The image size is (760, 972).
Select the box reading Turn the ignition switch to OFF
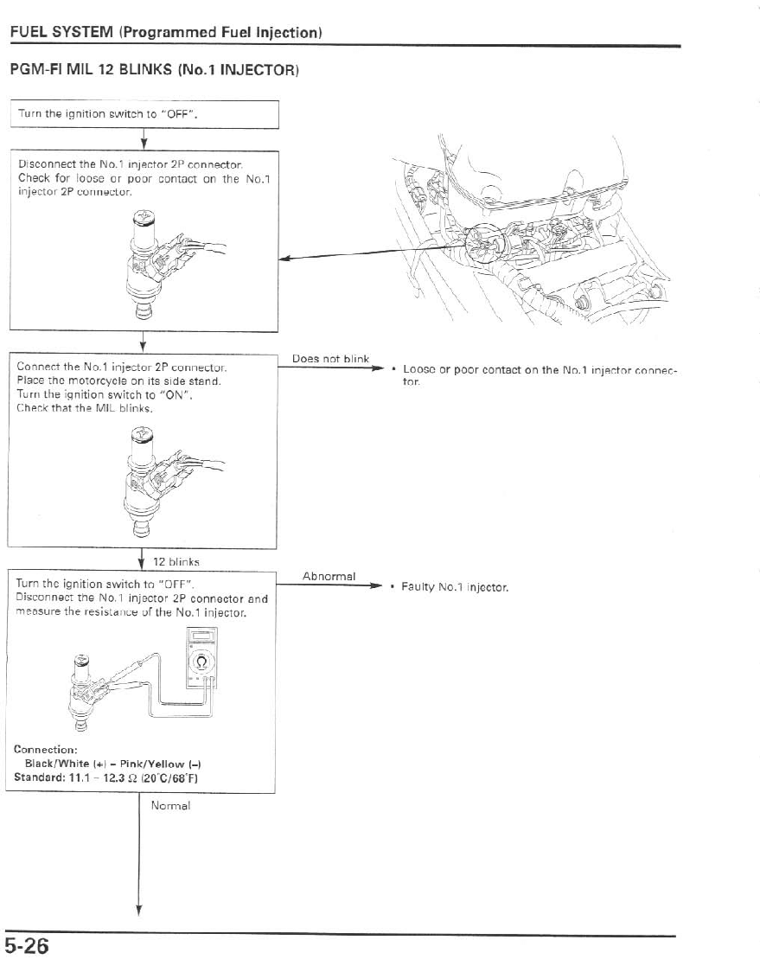tap(144, 114)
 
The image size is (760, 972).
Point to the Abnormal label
tap(329, 576)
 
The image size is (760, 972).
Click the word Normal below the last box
tap(170, 805)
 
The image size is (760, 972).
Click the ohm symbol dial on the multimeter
tap(201, 662)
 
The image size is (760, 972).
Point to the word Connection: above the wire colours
tap(46, 749)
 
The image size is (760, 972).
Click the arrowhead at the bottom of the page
tap(138, 909)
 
